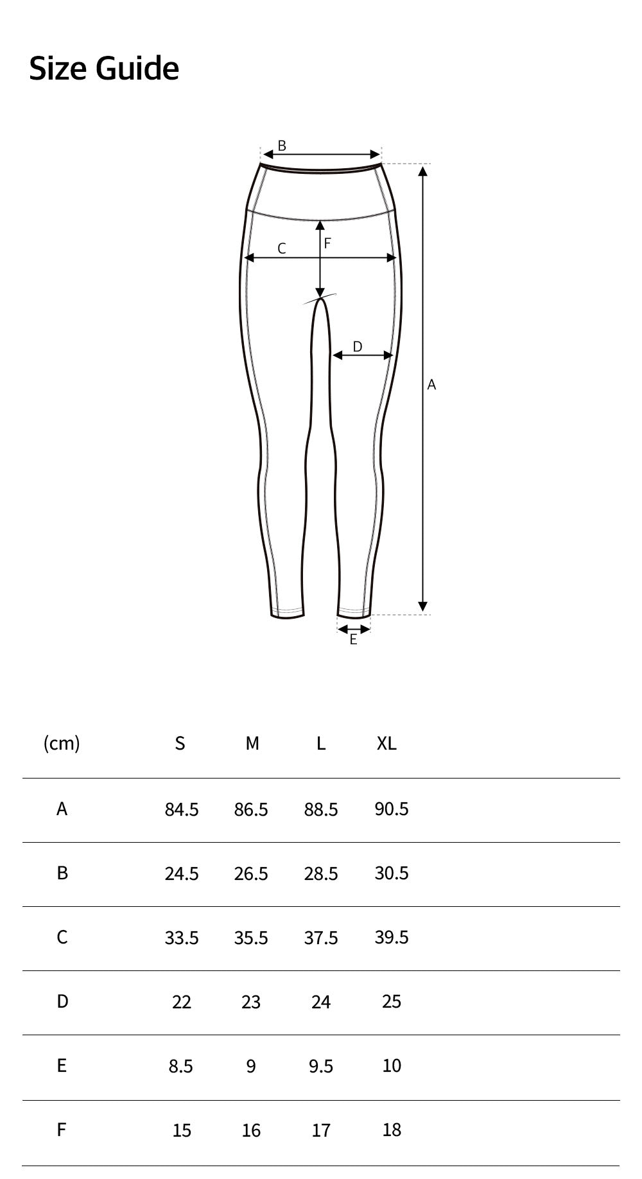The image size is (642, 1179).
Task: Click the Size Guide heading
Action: click(104, 68)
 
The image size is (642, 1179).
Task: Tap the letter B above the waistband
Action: click(282, 146)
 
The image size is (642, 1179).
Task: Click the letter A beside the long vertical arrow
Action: click(431, 384)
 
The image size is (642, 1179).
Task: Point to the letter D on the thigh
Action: click(358, 347)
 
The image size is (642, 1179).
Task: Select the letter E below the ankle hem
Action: click(353, 639)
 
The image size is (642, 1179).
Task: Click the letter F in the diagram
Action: click(327, 243)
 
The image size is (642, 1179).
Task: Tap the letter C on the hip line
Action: click(281, 248)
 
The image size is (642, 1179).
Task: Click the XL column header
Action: click(386, 743)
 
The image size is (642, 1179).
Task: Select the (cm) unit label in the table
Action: click(62, 743)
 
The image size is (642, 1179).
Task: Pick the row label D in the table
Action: click(62, 1001)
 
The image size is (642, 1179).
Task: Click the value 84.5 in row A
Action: click(181, 809)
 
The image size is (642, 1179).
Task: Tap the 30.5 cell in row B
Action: click(391, 873)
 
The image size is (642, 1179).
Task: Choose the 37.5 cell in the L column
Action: click(320, 938)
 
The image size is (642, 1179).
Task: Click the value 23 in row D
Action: click(251, 1002)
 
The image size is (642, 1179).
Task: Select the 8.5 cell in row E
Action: click(180, 1066)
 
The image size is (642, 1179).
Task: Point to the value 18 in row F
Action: click(391, 1130)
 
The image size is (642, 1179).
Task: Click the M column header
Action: click(252, 743)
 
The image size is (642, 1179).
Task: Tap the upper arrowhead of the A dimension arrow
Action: click(422, 170)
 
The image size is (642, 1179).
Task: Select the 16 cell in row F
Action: click(251, 1130)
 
